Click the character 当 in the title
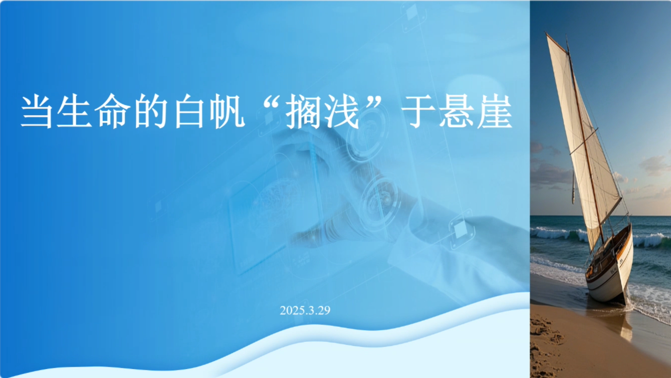point(37,111)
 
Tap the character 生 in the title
point(74,111)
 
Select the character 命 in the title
point(113,111)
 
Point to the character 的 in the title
point(150,111)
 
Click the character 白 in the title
point(189,111)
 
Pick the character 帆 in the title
point(228,111)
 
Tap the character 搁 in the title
point(303,111)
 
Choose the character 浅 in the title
point(341,111)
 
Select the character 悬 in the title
point(456,111)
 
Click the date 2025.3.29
point(305,310)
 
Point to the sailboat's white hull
point(611,276)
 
